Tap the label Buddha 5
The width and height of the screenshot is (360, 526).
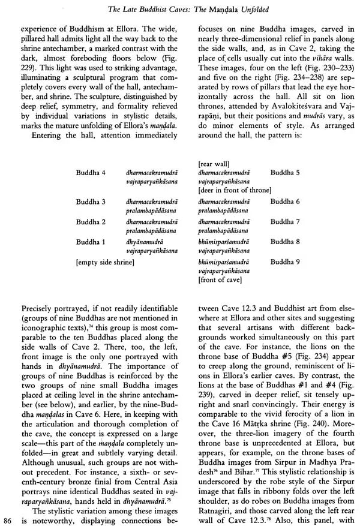click(x=285, y=172)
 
